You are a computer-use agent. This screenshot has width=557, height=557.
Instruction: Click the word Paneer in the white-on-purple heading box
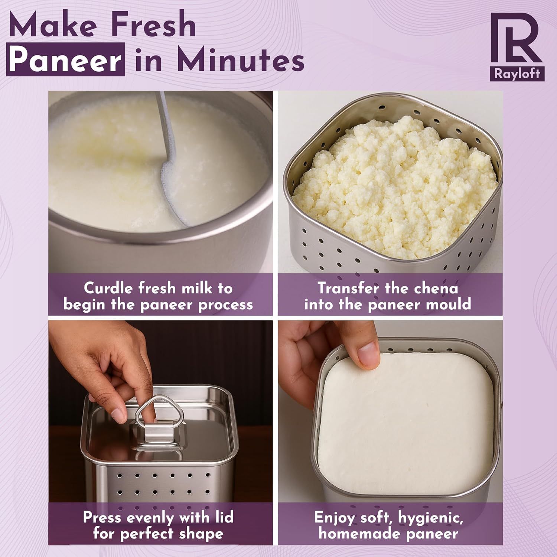65,59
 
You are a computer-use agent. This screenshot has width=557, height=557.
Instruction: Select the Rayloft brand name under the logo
517,74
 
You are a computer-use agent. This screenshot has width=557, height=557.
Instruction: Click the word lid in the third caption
224,517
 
